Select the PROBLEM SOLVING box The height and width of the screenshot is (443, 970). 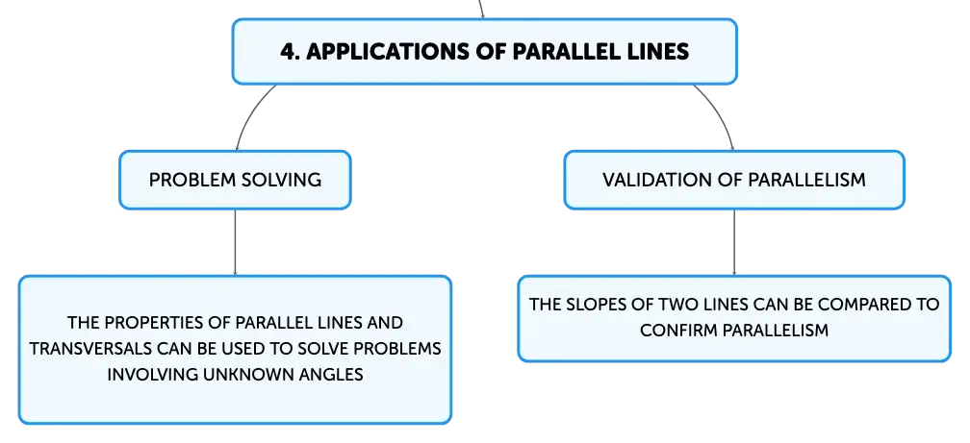pos(235,180)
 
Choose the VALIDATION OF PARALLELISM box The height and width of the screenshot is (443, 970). pos(734,180)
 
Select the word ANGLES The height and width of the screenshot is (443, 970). pos(331,375)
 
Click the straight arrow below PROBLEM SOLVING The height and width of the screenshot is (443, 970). pos(235,242)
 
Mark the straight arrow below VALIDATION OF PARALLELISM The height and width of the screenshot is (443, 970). pos(734,242)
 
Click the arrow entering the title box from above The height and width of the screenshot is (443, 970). pos(481,9)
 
